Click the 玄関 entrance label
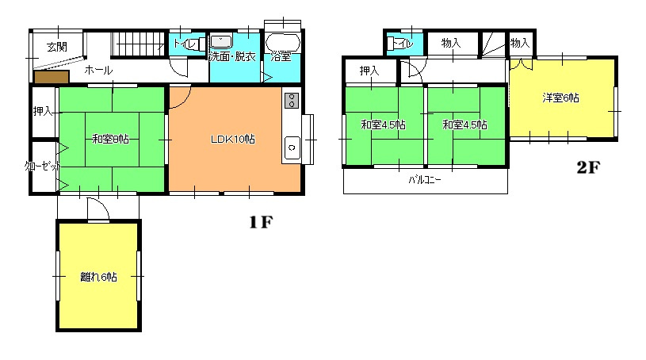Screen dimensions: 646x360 [57, 47]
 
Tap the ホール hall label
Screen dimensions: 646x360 [98, 70]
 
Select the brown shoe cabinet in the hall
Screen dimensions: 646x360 [52, 77]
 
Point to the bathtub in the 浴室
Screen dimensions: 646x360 [283, 43]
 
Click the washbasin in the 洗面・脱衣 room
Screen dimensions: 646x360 [221, 42]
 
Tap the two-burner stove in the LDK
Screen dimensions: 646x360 [292, 101]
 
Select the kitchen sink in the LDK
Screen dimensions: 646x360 [292, 147]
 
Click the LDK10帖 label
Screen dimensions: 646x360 [233, 140]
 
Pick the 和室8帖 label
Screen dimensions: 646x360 [110, 139]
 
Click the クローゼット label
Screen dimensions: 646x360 [43, 167]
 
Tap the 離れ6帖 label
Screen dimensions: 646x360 [98, 277]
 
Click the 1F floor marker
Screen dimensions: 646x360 [261, 222]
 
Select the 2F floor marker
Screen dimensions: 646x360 [588, 167]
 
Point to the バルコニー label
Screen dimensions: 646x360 [425, 180]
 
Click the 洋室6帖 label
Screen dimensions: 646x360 [560, 98]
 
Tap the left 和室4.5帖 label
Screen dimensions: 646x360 [383, 124]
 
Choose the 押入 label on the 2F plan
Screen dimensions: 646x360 [369, 71]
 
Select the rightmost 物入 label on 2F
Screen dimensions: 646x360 [520, 43]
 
